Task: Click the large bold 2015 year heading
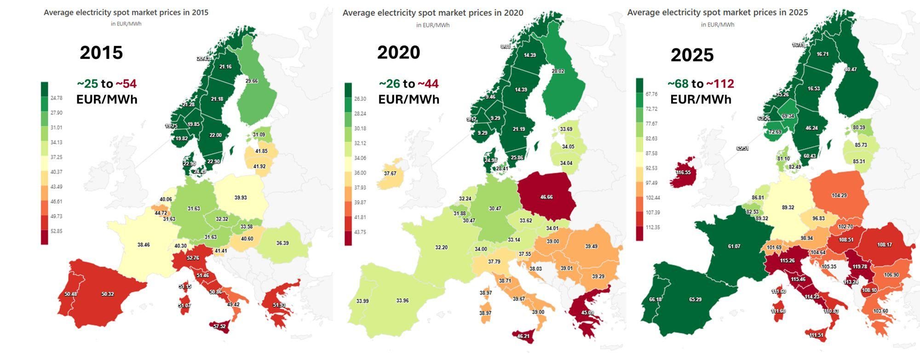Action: click(x=101, y=52)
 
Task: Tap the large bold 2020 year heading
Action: click(x=398, y=52)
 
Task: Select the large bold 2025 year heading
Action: click(x=692, y=55)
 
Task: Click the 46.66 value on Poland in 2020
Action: click(x=546, y=197)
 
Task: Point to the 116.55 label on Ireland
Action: click(x=683, y=172)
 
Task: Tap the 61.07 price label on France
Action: click(x=734, y=246)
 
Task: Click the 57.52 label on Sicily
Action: click(x=219, y=326)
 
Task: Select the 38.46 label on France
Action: click(x=144, y=245)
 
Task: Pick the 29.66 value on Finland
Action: click(x=252, y=81)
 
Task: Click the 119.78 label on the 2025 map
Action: click(x=860, y=267)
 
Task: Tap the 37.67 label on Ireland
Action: click(x=390, y=173)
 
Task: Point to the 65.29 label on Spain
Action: click(x=695, y=299)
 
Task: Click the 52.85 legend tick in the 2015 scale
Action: click(x=56, y=231)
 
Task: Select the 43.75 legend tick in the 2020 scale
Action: click(x=360, y=232)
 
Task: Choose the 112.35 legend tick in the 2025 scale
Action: click(x=652, y=227)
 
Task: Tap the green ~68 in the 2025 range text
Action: click(x=678, y=84)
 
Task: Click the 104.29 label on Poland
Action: click(x=839, y=195)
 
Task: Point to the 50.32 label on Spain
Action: click(x=108, y=294)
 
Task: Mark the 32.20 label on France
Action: click(x=441, y=247)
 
